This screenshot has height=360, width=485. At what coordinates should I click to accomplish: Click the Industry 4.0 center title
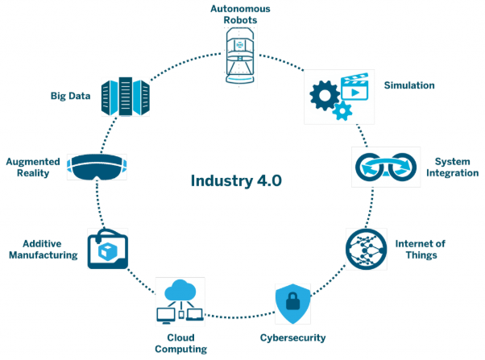236,181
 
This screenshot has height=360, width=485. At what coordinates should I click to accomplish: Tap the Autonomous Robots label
240,14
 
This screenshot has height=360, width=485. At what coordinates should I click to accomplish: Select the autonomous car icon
240,56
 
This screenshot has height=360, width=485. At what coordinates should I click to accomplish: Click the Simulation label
409,85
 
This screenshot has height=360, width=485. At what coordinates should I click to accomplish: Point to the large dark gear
325,96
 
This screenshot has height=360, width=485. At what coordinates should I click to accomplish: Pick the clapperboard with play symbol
354,87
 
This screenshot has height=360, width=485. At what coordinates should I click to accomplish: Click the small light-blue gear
342,110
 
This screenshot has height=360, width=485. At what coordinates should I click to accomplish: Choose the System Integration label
452,167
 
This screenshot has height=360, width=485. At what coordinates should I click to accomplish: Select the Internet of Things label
421,250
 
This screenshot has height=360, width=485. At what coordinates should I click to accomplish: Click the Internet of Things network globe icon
367,250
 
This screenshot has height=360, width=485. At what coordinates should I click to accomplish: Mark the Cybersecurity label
292,337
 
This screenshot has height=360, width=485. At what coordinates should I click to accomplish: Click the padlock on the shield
292,301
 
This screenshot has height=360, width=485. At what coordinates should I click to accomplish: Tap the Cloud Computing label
181,343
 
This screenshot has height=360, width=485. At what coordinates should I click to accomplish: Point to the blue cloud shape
180,290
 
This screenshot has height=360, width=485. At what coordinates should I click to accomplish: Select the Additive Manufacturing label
44,250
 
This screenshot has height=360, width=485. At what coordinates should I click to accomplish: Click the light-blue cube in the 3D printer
107,250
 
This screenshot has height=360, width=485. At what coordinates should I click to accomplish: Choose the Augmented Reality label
33,168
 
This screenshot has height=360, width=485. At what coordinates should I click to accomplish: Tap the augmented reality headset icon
97,167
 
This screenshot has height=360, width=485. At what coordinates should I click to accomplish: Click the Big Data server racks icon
126,96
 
